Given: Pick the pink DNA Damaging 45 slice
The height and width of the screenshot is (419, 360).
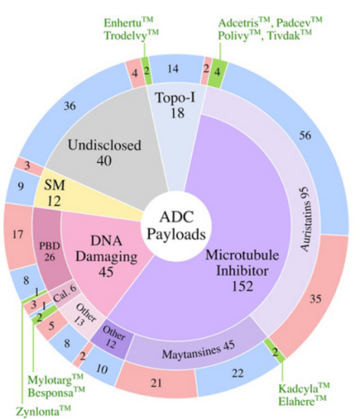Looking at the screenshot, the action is coord(107,257).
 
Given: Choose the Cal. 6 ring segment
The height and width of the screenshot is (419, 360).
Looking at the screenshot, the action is coord(64,293).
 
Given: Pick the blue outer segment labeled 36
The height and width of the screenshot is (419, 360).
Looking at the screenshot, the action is coord(70,106).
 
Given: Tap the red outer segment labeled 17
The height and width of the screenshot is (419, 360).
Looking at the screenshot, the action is coord(17,235).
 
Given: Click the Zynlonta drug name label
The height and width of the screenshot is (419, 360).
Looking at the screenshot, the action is coord(43,411).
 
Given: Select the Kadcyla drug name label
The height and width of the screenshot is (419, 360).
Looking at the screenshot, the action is coord(304,388).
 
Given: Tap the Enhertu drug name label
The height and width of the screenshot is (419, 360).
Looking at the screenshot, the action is coord(128,23).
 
